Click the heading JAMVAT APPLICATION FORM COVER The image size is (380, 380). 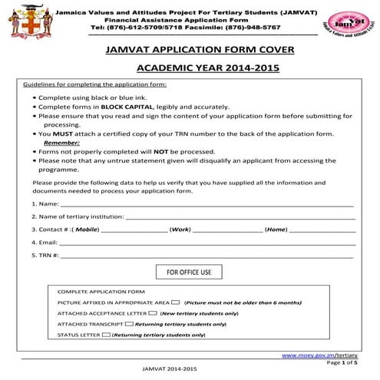[191, 51]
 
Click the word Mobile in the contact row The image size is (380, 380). [87, 230]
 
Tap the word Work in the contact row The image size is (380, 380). [180, 230]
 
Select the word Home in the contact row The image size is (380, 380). [276, 230]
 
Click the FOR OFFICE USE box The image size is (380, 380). [189, 273]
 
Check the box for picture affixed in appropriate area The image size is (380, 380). [177, 302]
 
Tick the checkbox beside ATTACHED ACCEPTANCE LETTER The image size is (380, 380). [153, 313]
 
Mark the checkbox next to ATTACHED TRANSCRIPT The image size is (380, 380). [128, 324]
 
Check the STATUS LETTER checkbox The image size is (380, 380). [106, 335]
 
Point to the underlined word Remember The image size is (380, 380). [61, 143]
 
